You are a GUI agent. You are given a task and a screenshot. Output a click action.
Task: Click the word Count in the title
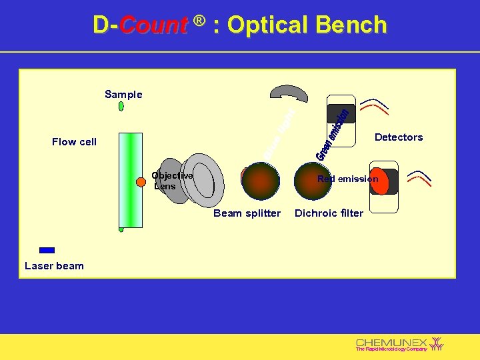point(154,25)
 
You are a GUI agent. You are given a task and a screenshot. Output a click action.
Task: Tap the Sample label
point(123,95)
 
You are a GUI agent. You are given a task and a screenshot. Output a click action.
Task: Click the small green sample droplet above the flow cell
point(121,107)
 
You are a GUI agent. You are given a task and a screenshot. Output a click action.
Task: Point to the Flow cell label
point(74,141)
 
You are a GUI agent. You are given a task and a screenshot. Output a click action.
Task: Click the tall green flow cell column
point(130,180)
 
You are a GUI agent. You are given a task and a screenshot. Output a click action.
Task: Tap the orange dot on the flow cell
point(141,182)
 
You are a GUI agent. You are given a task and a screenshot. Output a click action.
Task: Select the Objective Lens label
point(173,181)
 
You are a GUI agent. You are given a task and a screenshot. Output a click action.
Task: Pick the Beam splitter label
point(247,213)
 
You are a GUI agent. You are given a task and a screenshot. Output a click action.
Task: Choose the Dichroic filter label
point(329,213)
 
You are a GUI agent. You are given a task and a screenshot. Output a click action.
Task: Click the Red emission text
point(347,179)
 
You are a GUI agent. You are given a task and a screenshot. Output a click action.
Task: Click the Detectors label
point(399,137)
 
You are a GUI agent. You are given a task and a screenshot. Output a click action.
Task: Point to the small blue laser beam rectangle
point(47,251)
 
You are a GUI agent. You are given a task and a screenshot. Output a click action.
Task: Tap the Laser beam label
point(54,266)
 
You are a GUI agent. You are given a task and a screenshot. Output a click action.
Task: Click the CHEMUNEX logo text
point(391,342)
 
